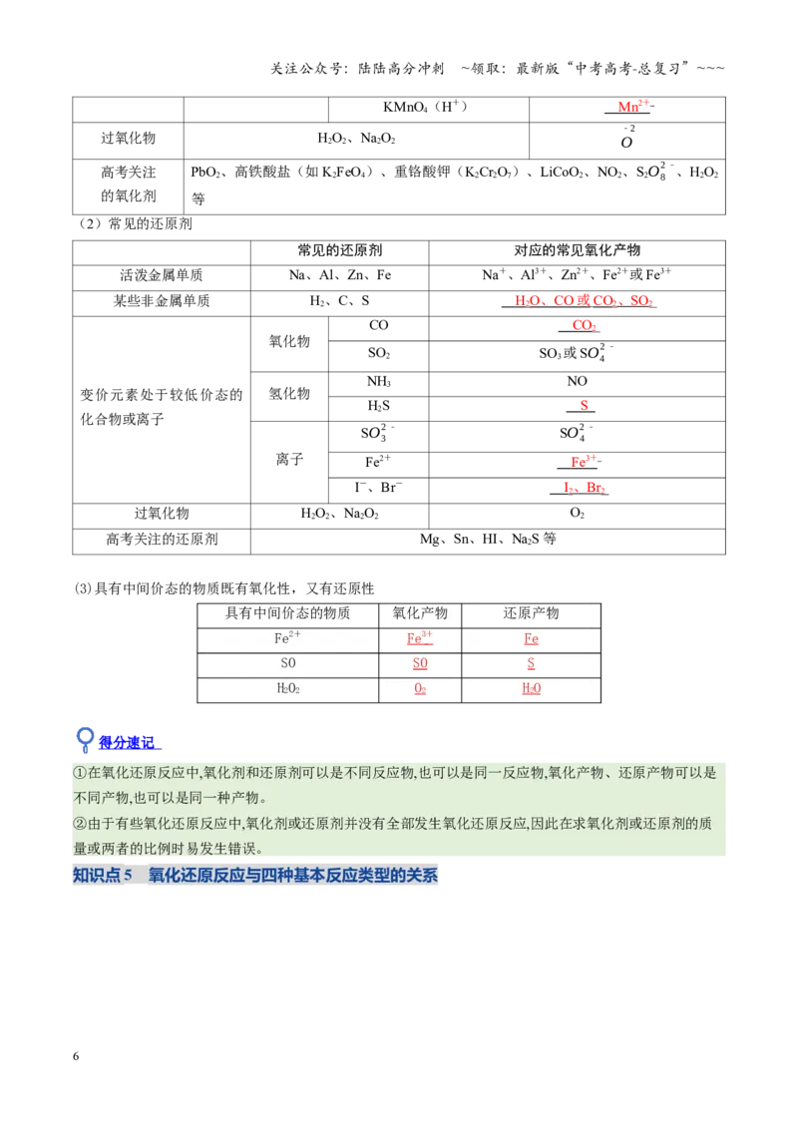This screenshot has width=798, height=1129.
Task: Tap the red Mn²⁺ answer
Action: point(632,107)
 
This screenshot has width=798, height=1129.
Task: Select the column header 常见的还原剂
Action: point(340,250)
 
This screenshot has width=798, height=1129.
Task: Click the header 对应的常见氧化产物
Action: point(577,250)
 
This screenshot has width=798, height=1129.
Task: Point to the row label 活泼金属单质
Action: point(162,275)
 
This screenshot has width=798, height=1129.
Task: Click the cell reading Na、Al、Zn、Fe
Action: point(340,275)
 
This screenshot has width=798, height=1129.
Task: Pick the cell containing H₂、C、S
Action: point(340,301)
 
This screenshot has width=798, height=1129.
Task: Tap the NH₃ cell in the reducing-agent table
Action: point(379,382)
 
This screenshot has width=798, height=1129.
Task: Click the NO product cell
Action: point(577,382)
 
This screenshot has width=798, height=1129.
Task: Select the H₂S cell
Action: point(379,406)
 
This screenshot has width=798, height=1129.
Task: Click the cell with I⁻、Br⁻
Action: point(379,488)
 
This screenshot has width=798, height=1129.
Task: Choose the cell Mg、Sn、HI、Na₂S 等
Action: point(488,539)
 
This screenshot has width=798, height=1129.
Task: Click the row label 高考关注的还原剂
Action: point(162,539)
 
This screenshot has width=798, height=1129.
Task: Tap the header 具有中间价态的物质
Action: point(287,613)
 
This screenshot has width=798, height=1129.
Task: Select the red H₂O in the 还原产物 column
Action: point(531,689)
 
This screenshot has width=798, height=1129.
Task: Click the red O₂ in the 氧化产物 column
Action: point(420,689)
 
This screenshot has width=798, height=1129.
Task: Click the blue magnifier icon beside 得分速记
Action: point(85,739)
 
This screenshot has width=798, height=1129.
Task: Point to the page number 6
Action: point(76,1056)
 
